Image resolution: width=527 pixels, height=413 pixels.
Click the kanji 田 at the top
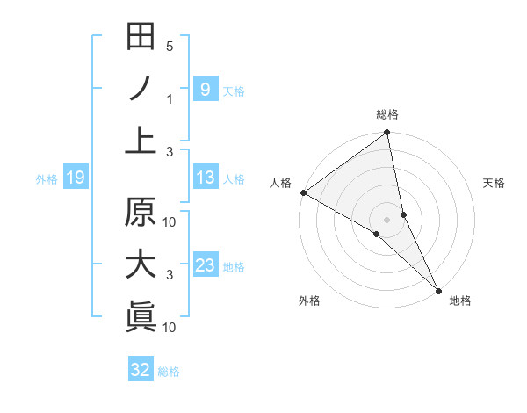[141, 37]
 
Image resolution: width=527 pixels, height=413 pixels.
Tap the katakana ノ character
[141, 89]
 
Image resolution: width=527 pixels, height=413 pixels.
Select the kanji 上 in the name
[141, 141]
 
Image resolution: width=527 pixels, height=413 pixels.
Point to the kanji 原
[141, 213]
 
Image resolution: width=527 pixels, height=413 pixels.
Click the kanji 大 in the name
[141, 264]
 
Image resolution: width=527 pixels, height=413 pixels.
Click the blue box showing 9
[205, 89]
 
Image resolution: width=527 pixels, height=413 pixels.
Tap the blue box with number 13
[205, 178]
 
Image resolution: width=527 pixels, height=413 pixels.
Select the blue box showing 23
[205, 265]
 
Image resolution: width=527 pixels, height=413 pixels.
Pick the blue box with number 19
[75, 178]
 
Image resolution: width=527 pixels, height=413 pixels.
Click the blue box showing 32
[141, 370]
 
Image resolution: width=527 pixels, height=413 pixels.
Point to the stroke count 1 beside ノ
[170, 98]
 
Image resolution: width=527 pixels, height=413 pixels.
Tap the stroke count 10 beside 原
[170, 222]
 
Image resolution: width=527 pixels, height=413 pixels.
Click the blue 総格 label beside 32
[169, 372]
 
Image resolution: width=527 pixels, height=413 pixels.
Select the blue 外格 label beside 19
[47, 179]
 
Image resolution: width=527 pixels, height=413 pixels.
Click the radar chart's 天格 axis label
[494, 183]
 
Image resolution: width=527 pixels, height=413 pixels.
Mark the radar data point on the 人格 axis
[303, 192]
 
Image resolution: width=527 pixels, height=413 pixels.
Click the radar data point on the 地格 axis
[437, 288]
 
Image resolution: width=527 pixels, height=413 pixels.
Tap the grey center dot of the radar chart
[386, 219]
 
